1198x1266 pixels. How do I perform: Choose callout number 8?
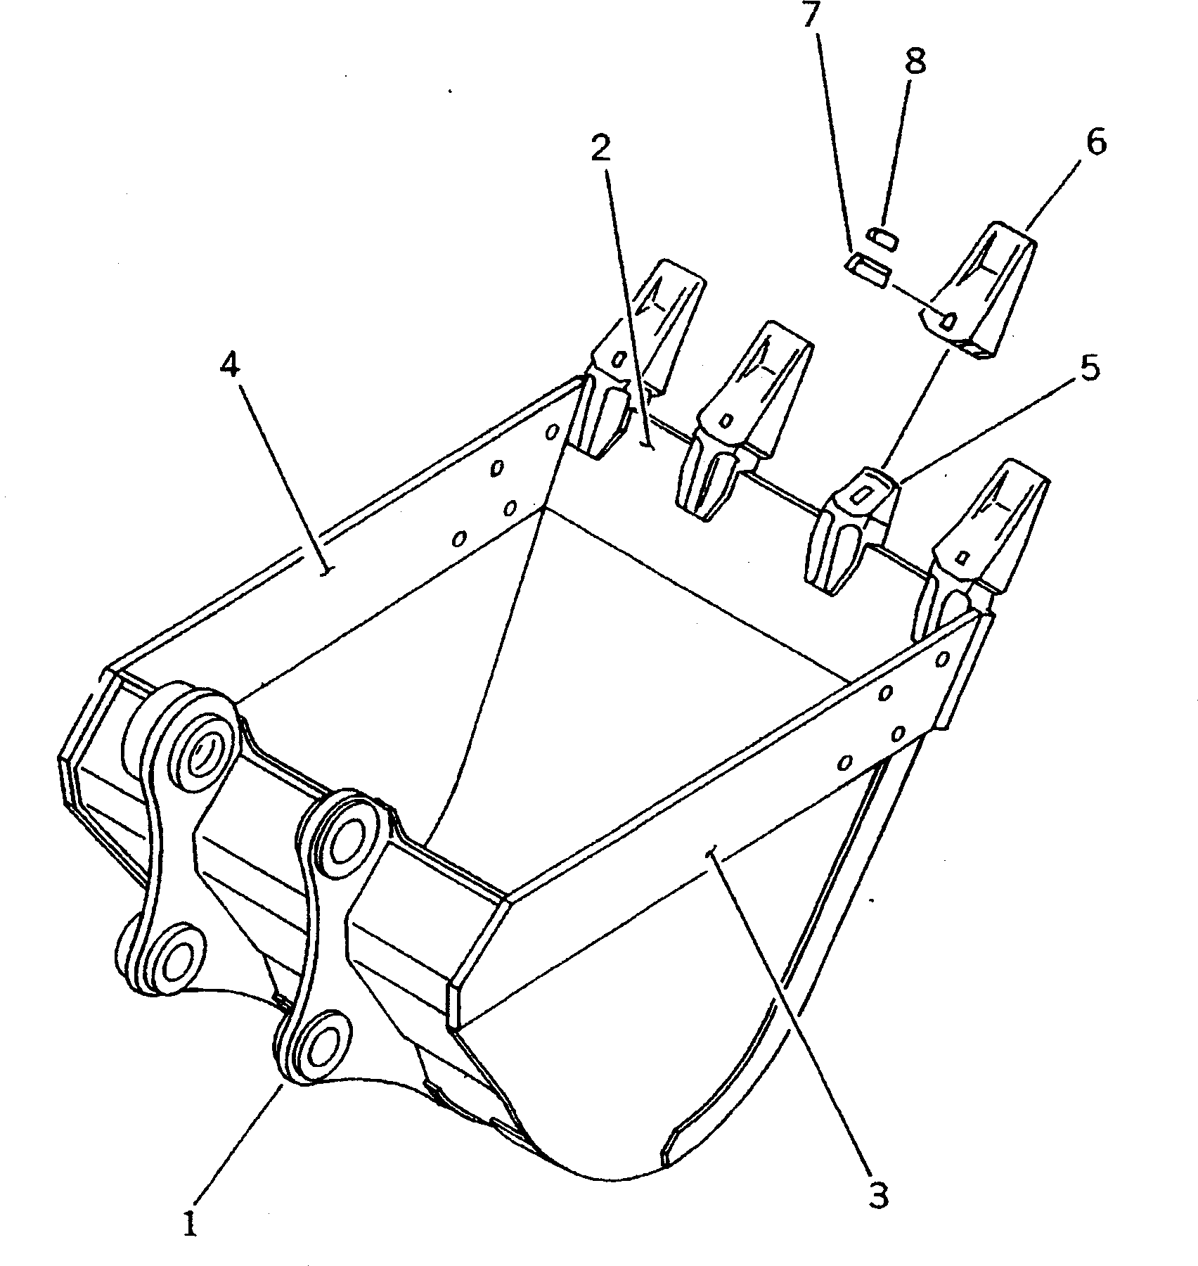(x=915, y=62)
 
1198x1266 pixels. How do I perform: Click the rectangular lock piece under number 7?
(x=868, y=270)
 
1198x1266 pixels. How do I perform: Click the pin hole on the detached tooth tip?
(x=948, y=321)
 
